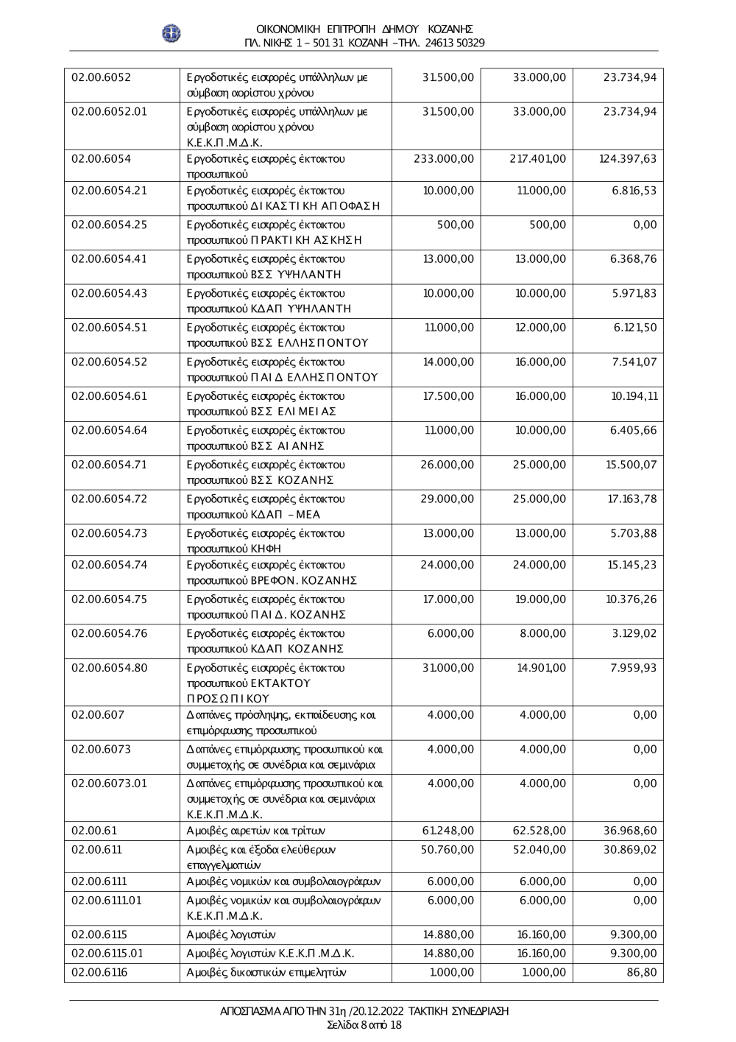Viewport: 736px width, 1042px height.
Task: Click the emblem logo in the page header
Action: click(171, 33)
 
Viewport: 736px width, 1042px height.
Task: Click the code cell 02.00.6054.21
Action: click(109, 191)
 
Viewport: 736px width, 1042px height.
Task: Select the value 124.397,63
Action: click(627, 158)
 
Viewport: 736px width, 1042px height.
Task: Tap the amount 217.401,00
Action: click(538, 158)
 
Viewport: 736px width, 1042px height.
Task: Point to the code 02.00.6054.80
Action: click(109, 668)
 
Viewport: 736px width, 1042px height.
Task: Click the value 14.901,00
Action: click(541, 668)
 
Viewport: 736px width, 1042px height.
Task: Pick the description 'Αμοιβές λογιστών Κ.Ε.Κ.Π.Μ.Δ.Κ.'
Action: click(271, 954)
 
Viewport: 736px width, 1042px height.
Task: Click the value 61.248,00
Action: click(448, 831)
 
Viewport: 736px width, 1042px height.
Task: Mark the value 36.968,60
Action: click(630, 831)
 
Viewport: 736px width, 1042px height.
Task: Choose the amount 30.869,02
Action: click(630, 849)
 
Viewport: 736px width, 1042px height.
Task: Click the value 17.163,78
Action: click(632, 499)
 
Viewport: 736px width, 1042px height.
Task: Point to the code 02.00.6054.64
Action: click(109, 430)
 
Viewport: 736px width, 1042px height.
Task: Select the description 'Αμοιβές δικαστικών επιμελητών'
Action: click(266, 973)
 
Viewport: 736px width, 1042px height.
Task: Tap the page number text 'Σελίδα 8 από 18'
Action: click(364, 1024)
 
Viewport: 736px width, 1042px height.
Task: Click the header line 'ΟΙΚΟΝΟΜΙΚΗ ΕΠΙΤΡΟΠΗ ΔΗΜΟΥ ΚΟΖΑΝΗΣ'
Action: click(364, 29)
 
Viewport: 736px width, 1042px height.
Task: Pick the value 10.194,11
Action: click(634, 396)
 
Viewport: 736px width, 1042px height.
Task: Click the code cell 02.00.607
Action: click(98, 714)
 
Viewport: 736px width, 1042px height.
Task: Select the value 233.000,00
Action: click(445, 158)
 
